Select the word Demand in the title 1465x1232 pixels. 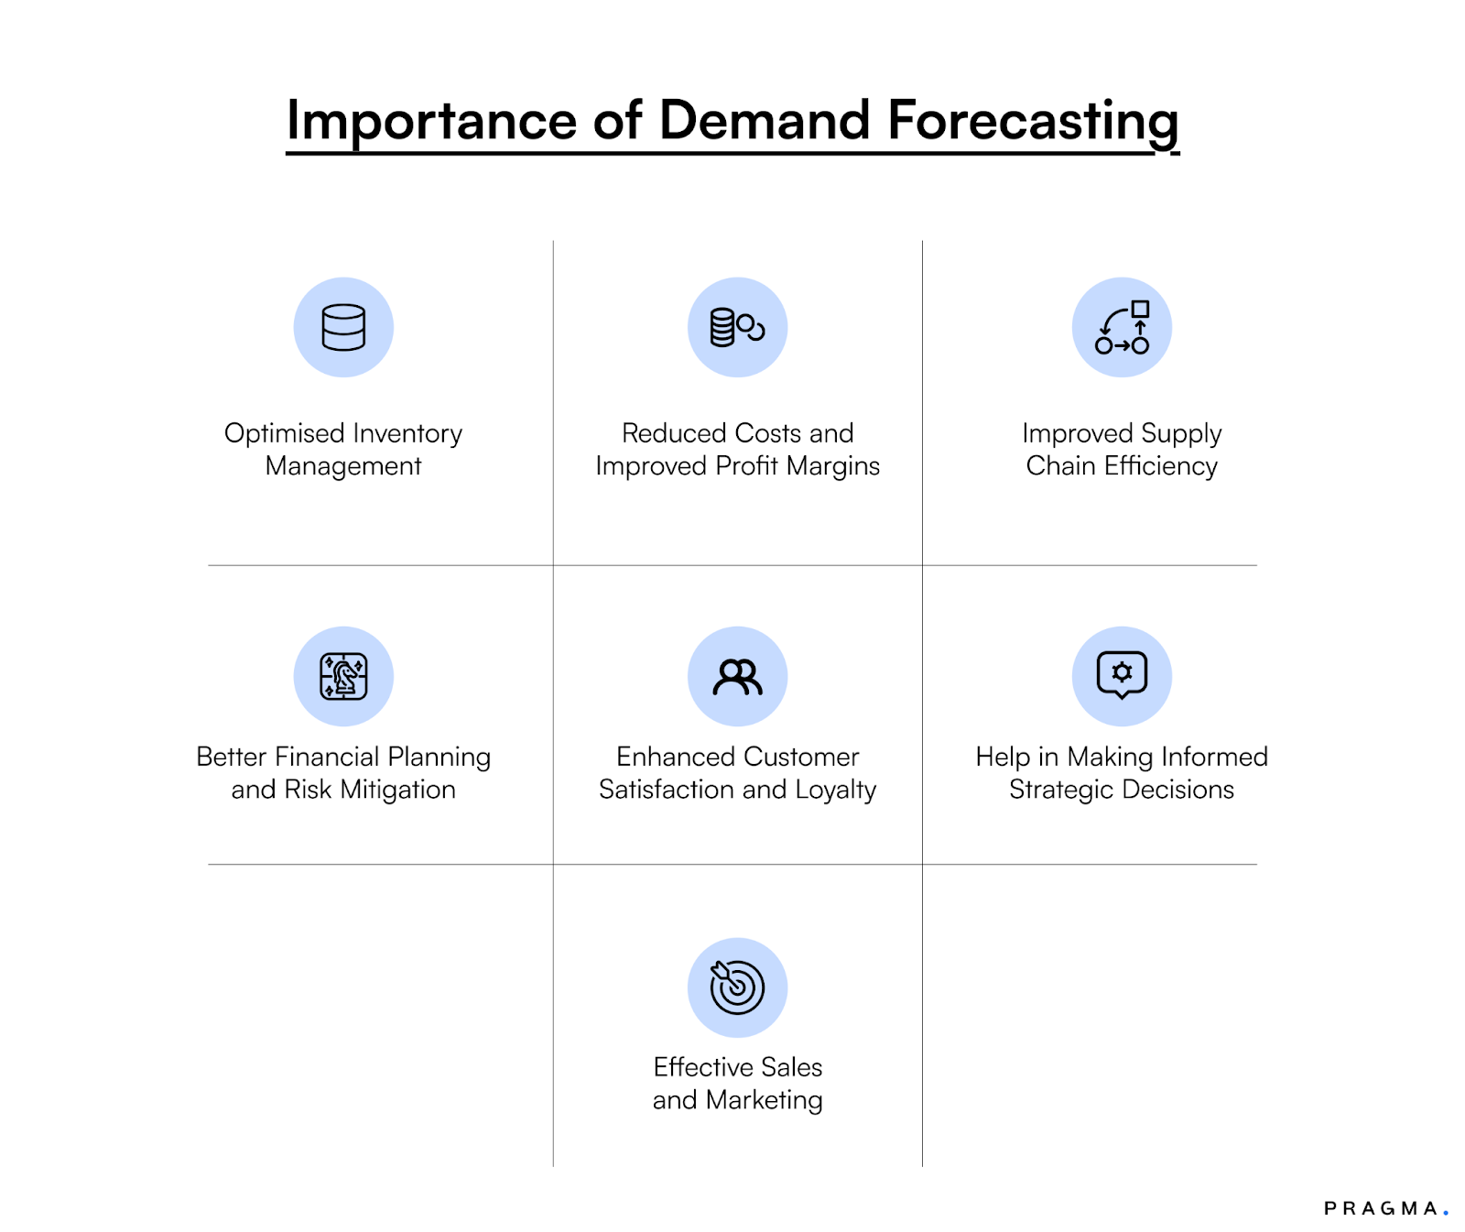(764, 121)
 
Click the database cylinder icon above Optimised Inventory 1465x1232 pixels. (343, 327)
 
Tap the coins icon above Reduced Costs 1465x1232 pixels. (737, 327)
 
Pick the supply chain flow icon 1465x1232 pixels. (1122, 327)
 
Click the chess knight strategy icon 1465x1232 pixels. (343, 676)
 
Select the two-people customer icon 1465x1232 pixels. (737, 677)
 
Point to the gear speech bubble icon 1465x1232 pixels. (1122, 675)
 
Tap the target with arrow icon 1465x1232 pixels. (737, 987)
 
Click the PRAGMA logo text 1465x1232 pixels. (1380, 1208)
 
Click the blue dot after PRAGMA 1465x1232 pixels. (1446, 1213)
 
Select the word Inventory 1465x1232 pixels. (407, 433)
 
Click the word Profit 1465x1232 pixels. (747, 466)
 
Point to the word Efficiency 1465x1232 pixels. (1160, 466)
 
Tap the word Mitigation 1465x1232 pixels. (397, 790)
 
